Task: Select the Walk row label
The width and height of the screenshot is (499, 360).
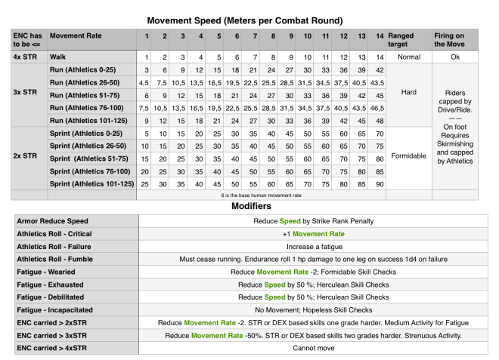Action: click(x=58, y=57)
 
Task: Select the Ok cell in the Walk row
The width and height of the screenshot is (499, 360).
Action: click(x=461, y=57)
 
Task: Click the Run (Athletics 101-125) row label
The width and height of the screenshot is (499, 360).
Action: click(x=86, y=119)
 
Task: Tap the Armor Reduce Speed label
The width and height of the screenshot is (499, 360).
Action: click(x=54, y=220)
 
